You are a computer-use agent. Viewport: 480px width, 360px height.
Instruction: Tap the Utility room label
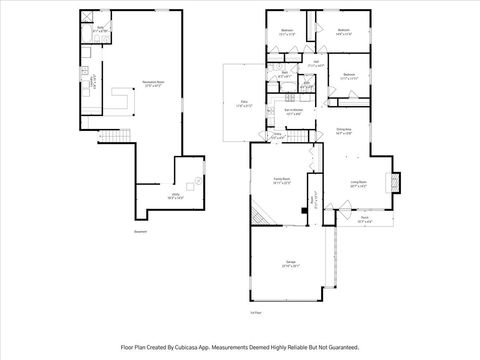[175, 196]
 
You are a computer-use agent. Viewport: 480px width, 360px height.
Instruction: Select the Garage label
[288, 264]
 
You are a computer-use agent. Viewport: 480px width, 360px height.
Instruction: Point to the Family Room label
[281, 182]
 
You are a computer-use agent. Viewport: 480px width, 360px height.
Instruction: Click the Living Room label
[358, 184]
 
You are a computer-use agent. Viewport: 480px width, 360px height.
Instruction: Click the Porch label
[366, 221]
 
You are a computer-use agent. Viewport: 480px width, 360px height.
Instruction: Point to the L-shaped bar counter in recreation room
[123, 100]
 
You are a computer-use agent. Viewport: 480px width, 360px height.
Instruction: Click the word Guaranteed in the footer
[338, 347]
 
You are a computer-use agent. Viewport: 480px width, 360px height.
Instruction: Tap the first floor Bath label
[285, 74]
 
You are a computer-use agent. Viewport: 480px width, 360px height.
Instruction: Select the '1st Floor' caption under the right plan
[256, 313]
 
